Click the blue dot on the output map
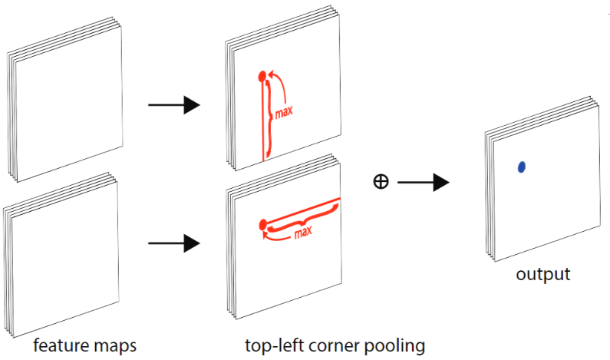click(x=522, y=167)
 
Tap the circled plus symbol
click(x=380, y=182)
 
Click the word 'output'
click(x=542, y=275)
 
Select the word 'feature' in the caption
click(x=57, y=345)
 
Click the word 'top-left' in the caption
click(x=273, y=345)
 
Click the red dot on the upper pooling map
click(x=262, y=75)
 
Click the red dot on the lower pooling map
click(x=263, y=224)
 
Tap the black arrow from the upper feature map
click(x=173, y=104)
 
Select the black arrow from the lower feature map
click(x=173, y=245)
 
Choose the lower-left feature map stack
click(x=61, y=253)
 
